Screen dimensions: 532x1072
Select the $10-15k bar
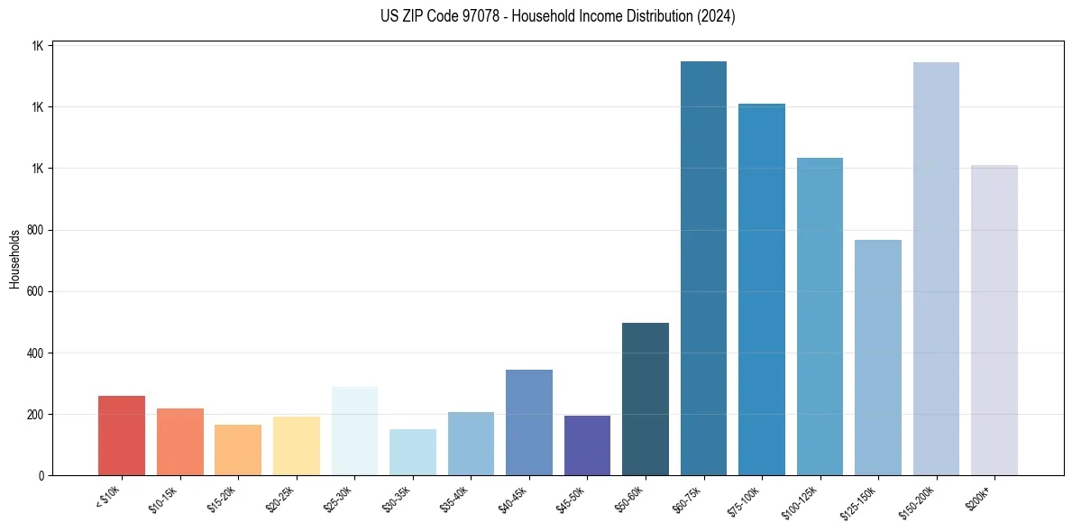point(179,442)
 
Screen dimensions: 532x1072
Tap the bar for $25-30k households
point(354,431)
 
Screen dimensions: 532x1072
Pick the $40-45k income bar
point(529,422)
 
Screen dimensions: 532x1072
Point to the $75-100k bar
point(762,289)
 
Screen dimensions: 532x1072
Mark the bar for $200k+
point(994,320)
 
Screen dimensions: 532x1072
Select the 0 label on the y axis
point(41,476)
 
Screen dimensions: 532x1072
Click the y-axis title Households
point(14,259)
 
